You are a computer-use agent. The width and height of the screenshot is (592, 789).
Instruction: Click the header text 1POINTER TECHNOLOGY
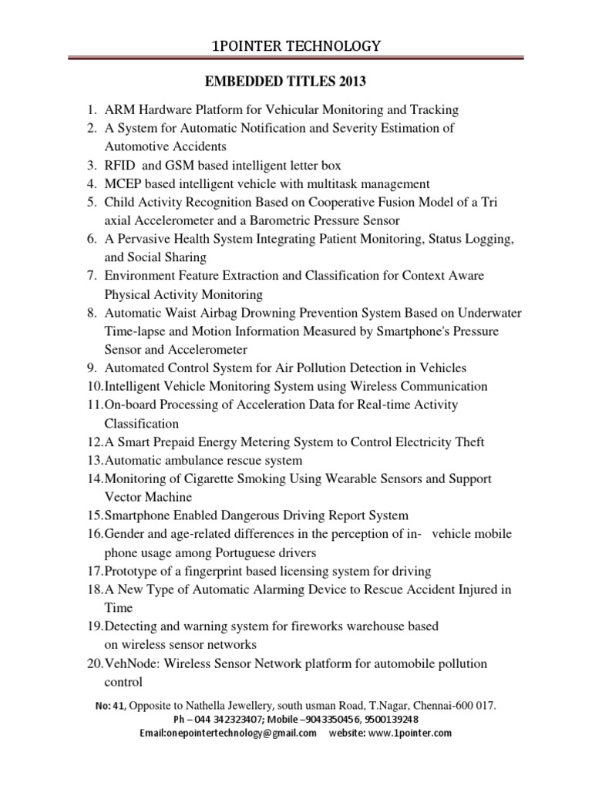pos(296,47)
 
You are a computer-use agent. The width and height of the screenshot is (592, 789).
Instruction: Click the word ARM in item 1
pos(119,109)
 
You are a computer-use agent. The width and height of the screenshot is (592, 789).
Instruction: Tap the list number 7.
pos(90,276)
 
